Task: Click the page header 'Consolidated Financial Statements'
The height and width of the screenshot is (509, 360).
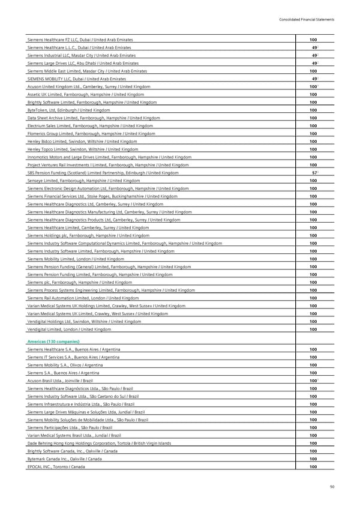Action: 307,20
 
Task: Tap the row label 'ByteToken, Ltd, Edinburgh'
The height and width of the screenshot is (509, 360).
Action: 69,110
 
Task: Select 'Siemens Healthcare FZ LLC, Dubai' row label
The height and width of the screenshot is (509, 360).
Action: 80,40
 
